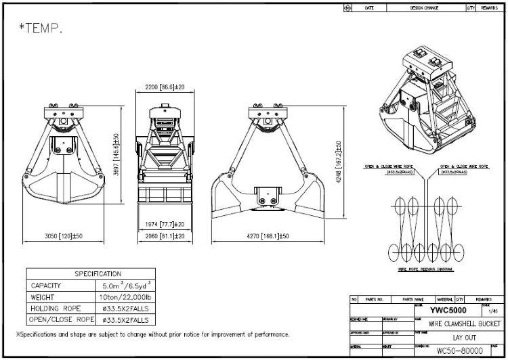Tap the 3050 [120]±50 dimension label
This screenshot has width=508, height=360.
[x=63, y=236]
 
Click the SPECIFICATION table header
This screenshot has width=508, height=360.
[x=98, y=274]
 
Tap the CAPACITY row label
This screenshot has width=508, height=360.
[x=46, y=286]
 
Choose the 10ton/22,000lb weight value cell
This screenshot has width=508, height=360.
[x=125, y=297]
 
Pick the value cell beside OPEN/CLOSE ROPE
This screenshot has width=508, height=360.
[x=125, y=320]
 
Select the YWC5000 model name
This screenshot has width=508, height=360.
[x=448, y=309]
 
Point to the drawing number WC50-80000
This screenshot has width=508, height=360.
[x=459, y=351]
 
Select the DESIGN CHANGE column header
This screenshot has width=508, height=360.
[x=424, y=7]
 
